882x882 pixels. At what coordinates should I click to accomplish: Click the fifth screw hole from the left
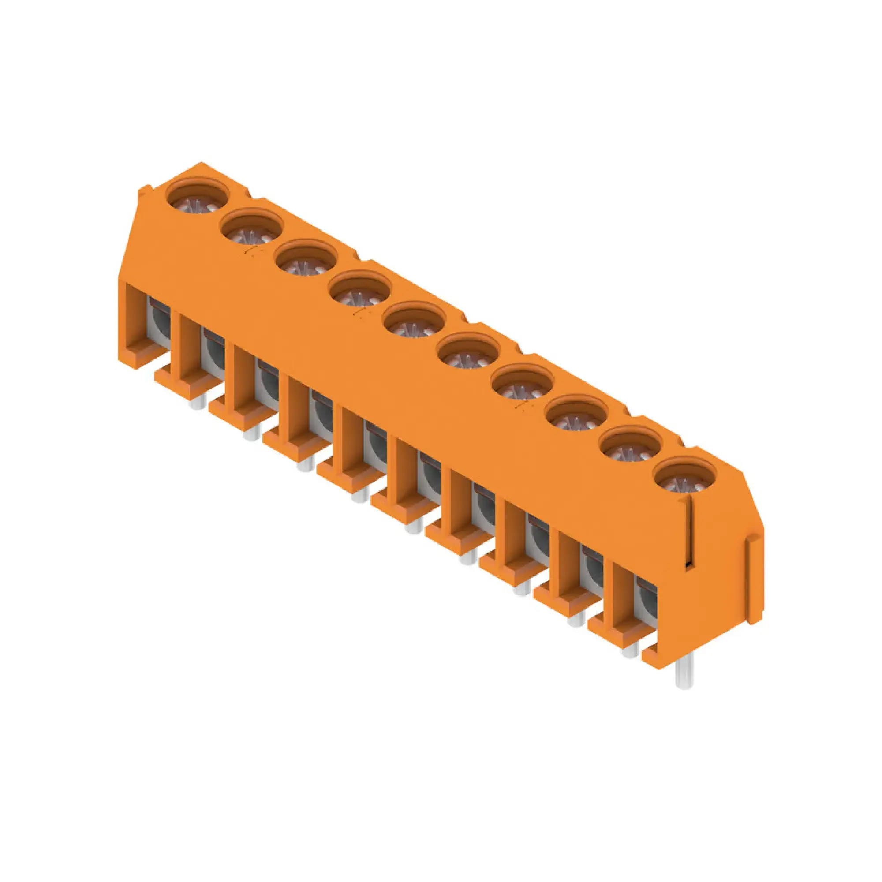414,321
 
